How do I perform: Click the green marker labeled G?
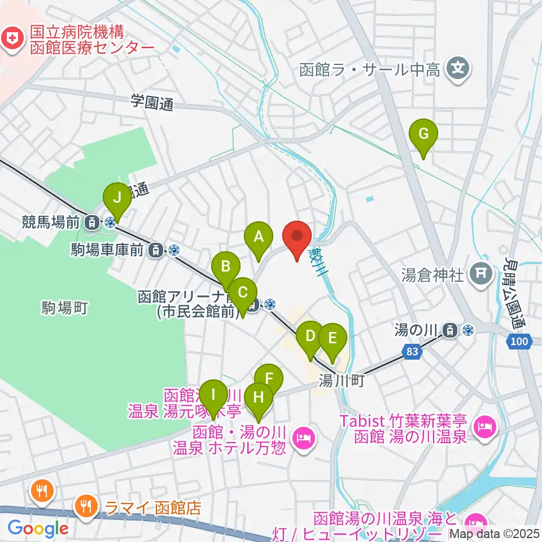pyautogui.click(x=423, y=134)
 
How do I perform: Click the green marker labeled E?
pyautogui.click(x=333, y=338)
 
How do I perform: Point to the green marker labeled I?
pyautogui.click(x=213, y=392)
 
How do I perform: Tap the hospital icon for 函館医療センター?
pyautogui.click(x=10, y=38)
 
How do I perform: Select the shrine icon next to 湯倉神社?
pyautogui.click(x=480, y=275)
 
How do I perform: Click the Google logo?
pyautogui.click(x=38, y=529)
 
